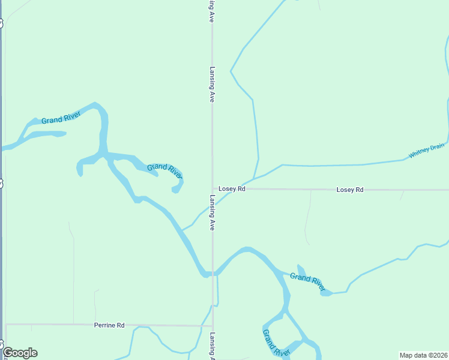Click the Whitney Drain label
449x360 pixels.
click(427, 150)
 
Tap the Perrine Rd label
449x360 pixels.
click(109, 325)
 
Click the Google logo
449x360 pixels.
click(20, 353)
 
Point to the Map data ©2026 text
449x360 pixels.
click(423, 355)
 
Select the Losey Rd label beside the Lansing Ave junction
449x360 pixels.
click(232, 189)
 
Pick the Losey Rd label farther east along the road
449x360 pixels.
click(350, 190)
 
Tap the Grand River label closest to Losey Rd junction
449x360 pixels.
click(164, 170)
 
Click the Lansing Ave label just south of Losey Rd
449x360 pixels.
click(212, 212)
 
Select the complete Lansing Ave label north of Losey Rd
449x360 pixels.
click(212, 84)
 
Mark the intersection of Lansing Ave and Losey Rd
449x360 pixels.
click(212, 189)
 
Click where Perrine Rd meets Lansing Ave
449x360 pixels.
click(212, 326)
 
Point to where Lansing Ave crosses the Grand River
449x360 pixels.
click(212, 274)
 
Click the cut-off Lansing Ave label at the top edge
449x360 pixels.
click(212, 11)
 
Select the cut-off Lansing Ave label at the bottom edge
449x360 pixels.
click(212, 346)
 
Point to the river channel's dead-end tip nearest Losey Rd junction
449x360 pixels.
click(175, 191)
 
